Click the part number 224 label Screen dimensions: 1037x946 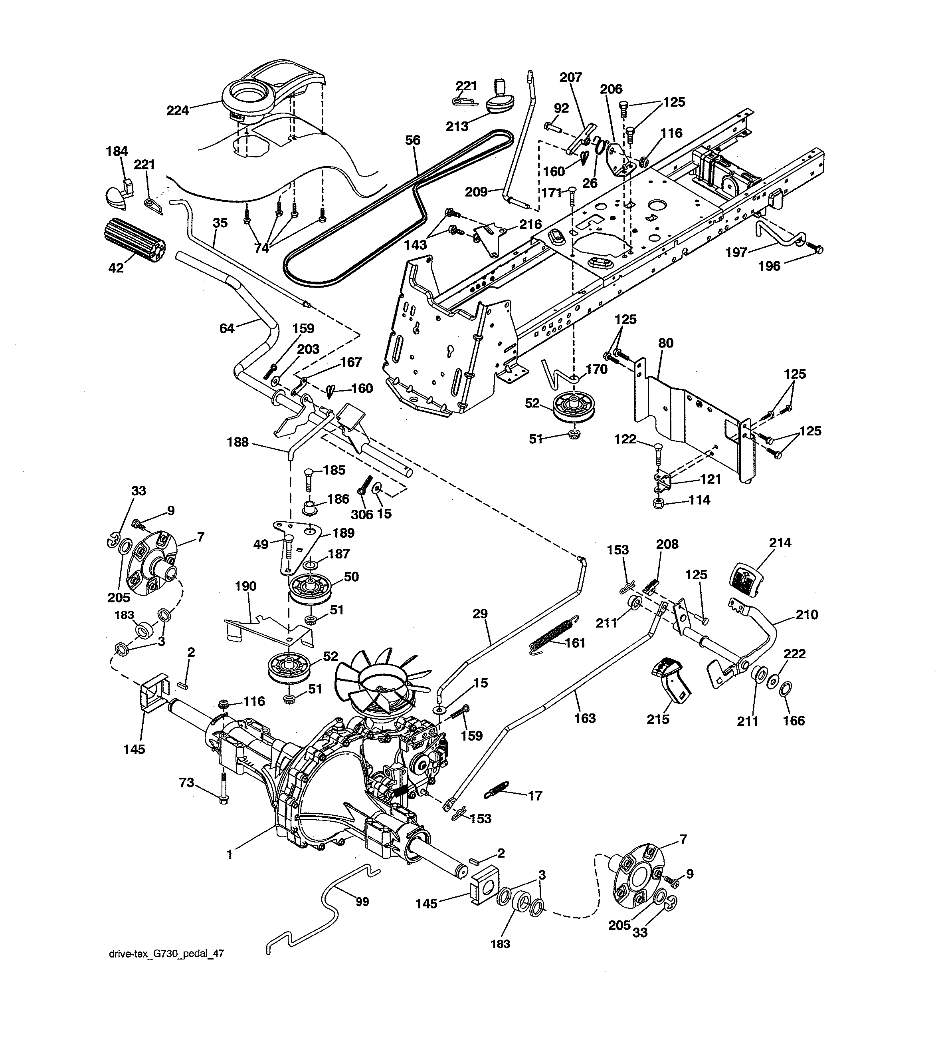click(177, 110)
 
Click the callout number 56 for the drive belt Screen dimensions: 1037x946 click(412, 141)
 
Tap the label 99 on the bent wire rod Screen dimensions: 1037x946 click(362, 901)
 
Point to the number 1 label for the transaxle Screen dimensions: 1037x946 click(230, 854)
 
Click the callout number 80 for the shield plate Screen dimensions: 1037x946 click(666, 343)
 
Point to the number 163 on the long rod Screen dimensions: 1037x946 click(585, 718)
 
